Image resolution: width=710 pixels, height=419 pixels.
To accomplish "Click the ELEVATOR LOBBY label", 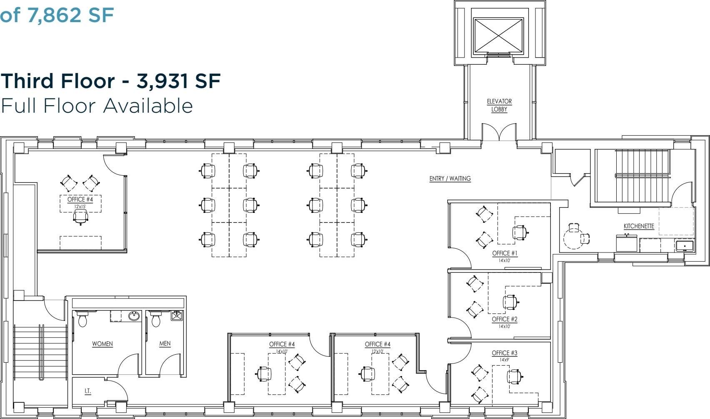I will coord(499,105).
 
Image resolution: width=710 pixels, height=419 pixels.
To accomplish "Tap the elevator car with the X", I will coord(498,35).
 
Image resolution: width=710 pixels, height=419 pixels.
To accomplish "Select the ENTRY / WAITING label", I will coord(450,179).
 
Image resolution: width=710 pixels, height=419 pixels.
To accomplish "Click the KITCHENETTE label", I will coord(639,226).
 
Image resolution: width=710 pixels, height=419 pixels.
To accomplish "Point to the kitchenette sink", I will coord(685,246).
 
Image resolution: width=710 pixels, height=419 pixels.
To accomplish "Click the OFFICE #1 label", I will coord(505,253).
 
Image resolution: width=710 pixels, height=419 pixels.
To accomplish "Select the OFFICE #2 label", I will coord(505,319).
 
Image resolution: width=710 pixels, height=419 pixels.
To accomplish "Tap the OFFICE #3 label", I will coord(505,353).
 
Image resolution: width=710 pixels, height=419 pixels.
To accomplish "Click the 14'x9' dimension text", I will coord(505,360).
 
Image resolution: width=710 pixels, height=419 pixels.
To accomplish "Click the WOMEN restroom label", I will coord(102,344).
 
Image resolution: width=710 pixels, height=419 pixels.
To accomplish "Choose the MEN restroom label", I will coord(165,343).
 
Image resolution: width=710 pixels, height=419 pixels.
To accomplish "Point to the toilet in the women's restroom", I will coord(82,319).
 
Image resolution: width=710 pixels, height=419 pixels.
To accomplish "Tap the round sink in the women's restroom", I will coord(134,316).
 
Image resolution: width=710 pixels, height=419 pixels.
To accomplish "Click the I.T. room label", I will coord(87,391).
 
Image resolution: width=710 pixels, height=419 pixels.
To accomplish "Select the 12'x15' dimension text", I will coord(80,207).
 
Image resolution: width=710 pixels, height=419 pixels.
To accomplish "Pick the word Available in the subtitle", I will coord(148,106).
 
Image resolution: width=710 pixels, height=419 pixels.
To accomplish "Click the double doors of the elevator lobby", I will coord(499,133).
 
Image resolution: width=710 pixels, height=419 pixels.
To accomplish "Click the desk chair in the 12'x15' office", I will coord(80,217).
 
